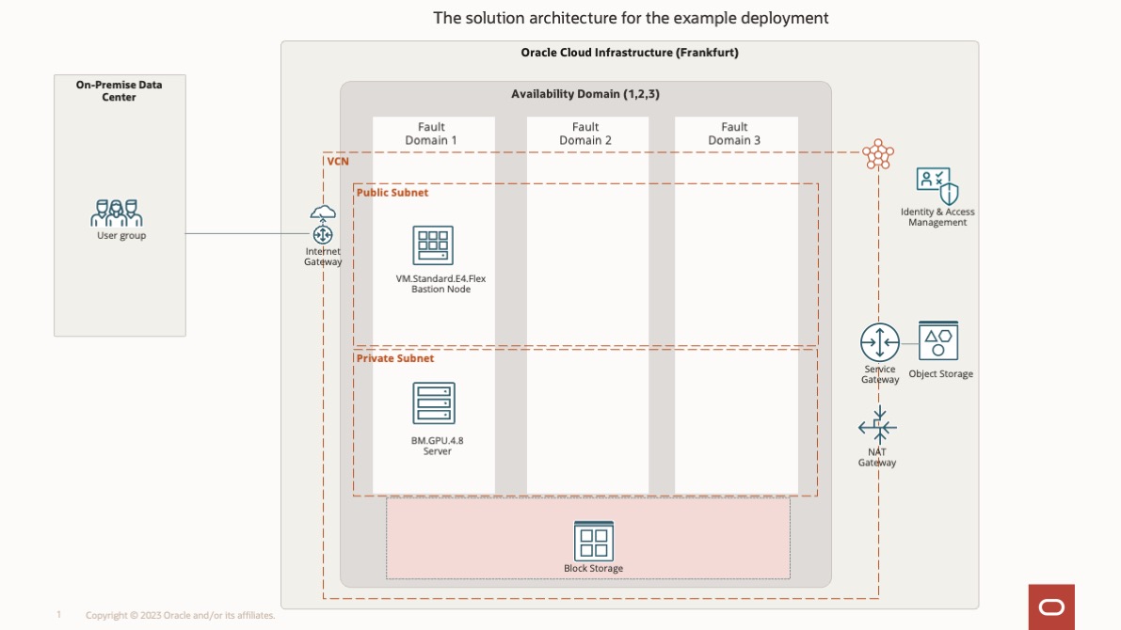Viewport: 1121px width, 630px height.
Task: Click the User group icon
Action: point(117,213)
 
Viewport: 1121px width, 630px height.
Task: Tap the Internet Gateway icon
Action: point(323,226)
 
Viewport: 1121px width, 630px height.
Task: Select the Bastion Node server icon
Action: point(433,245)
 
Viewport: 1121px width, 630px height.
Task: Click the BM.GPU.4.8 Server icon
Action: point(433,402)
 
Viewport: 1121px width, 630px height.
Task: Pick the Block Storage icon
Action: point(593,541)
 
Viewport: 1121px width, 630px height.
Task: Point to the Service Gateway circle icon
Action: point(880,342)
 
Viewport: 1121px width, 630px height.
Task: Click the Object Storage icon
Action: point(938,341)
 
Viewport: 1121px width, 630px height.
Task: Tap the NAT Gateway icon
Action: point(877,427)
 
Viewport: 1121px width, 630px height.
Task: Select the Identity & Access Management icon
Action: point(937,186)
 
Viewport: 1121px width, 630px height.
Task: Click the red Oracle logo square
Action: point(1051,606)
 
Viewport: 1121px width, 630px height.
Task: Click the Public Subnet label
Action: point(392,193)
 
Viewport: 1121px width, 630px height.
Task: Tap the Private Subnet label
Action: point(394,358)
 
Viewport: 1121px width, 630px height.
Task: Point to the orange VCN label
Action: point(338,162)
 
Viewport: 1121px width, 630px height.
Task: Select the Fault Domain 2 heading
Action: point(585,134)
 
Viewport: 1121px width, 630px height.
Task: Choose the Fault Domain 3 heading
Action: point(734,134)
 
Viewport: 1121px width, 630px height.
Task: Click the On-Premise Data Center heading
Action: point(119,90)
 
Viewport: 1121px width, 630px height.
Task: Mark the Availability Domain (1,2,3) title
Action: point(579,94)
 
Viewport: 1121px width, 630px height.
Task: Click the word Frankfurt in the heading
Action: point(706,53)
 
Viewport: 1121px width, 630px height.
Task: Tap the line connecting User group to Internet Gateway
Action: point(245,234)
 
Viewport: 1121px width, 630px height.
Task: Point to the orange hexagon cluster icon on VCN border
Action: point(878,154)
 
